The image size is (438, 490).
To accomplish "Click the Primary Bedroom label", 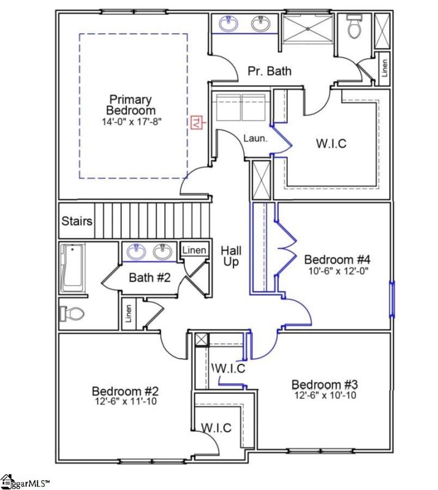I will (x=130, y=105).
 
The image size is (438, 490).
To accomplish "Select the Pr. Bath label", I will (x=269, y=71).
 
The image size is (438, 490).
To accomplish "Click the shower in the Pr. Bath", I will (x=306, y=28).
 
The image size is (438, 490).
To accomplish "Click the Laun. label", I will (x=255, y=138).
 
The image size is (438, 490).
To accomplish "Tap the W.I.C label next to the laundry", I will (x=331, y=144).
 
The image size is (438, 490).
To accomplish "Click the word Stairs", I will (x=77, y=221).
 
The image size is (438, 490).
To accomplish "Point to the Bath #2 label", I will (x=149, y=277).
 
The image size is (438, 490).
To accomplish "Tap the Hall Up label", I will (x=231, y=256).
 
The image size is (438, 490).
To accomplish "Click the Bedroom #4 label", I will (x=337, y=259).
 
